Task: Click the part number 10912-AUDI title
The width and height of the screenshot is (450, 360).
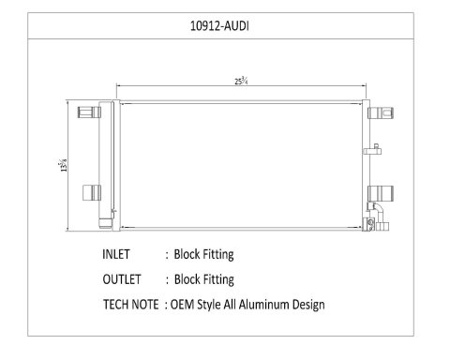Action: coord(219,26)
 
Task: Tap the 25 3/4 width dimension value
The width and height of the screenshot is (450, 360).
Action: coord(241,81)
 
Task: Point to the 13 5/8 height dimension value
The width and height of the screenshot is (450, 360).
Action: coord(63,165)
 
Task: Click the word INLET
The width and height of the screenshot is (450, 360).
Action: coord(116,254)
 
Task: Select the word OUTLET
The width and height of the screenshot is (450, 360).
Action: coord(122,279)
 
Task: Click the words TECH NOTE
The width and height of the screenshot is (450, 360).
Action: coord(131,305)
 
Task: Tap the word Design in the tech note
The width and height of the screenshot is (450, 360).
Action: coord(308,305)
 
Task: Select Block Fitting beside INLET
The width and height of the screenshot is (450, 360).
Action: coord(203,255)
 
